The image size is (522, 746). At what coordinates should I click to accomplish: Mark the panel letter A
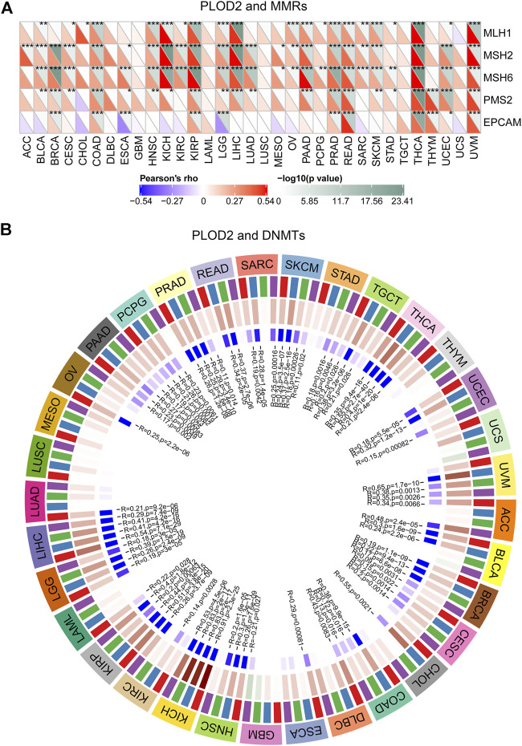[x=6, y=8]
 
